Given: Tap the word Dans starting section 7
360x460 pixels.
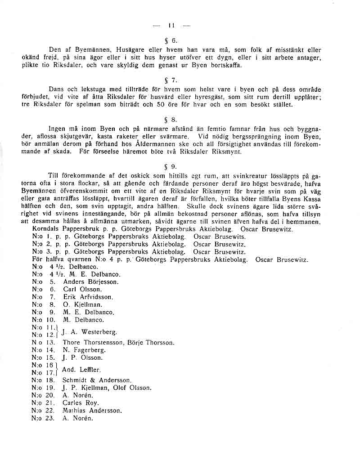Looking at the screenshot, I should (x=57, y=89).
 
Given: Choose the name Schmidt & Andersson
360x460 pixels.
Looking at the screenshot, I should (x=97, y=380).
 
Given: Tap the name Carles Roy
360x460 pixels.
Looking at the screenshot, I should (x=81, y=403).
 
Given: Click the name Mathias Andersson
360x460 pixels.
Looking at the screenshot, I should (x=92, y=411).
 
